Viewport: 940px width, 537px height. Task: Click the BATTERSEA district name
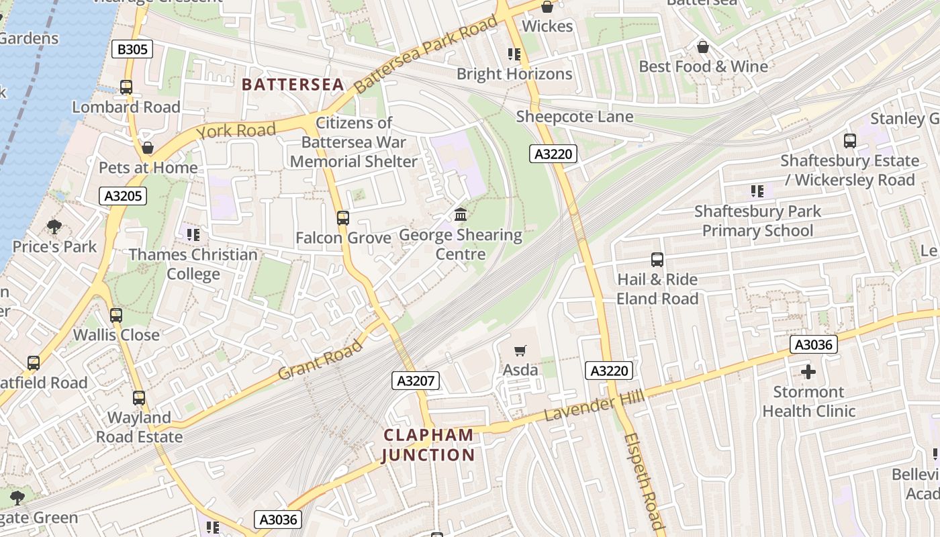[293, 85]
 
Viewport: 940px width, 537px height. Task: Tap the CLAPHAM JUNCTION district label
[428, 445]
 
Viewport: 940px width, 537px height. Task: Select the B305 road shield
[132, 49]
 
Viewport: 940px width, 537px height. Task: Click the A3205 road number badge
[122, 196]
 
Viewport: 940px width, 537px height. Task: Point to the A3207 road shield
[416, 381]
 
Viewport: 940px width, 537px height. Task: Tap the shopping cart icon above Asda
[520, 350]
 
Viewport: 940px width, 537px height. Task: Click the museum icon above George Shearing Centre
[461, 215]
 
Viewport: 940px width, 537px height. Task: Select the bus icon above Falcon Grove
[343, 218]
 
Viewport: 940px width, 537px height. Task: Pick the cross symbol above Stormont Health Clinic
[808, 371]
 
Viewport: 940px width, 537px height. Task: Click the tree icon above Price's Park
[54, 227]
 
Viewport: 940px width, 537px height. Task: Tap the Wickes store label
[547, 26]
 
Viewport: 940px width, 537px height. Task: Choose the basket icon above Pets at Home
[148, 148]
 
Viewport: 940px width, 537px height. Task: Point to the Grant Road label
[320, 360]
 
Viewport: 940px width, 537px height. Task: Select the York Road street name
[236, 130]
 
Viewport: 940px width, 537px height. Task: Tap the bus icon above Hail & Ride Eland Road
[657, 260]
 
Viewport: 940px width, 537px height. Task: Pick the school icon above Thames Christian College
[193, 235]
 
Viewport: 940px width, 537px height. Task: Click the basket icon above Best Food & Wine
[703, 47]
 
